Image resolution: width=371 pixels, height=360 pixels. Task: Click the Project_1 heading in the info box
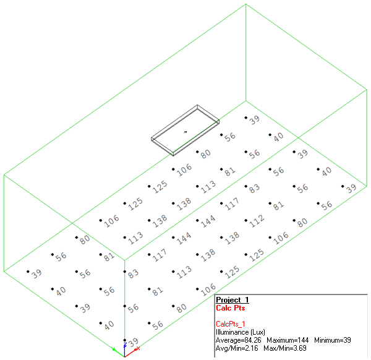click(x=232, y=300)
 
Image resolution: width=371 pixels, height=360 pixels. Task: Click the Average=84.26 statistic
click(x=239, y=340)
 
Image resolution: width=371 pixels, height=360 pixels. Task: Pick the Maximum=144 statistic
click(x=288, y=340)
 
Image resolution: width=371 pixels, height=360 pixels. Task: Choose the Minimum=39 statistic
click(x=335, y=340)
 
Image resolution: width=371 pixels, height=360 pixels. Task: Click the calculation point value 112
click(x=255, y=221)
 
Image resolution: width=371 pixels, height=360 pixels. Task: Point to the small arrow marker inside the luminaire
click(x=185, y=131)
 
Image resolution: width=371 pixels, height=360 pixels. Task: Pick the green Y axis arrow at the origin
click(x=115, y=349)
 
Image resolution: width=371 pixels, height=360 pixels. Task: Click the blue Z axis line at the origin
click(x=125, y=349)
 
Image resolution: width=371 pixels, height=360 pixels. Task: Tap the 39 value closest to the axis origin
click(x=134, y=341)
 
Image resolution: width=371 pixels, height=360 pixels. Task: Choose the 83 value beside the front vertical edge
click(x=134, y=273)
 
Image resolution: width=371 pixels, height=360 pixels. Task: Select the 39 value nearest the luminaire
click(x=254, y=119)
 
